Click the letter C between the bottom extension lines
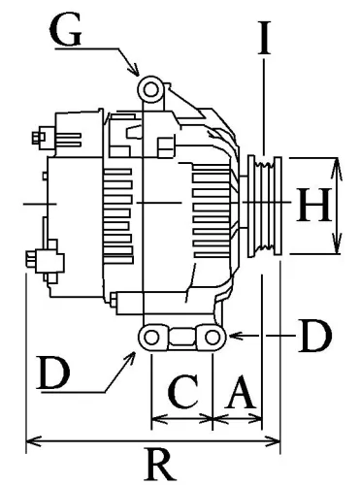point(180,395)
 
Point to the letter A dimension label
point(240,395)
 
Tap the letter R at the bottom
point(153,465)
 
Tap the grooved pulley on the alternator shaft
point(263,205)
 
